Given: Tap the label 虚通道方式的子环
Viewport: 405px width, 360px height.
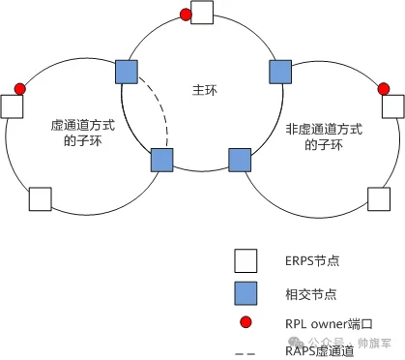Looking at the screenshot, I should (76, 135).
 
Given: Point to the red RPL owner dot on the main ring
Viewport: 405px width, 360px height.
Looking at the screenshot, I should (186, 15).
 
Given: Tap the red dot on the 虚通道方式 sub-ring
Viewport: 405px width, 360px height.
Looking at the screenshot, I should (19, 89).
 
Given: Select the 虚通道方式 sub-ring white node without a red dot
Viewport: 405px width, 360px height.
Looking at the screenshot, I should (40, 198).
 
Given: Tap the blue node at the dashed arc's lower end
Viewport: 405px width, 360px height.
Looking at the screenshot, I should (160, 159).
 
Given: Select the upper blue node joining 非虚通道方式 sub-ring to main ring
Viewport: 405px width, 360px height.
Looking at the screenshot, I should (278, 71).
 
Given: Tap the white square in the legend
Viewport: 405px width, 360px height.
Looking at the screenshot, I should (246, 258).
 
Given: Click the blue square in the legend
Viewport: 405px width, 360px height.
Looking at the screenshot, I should (246, 290).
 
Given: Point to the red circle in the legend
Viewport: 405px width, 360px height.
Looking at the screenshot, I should (246, 321).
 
